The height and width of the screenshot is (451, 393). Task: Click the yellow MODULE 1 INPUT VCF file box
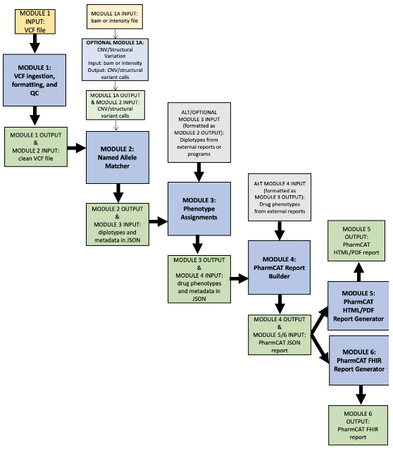(35, 22)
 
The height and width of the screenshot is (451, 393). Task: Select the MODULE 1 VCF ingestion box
(35, 80)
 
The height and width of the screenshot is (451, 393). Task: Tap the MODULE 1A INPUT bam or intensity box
(115, 17)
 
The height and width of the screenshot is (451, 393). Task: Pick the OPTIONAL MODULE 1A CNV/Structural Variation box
(115, 59)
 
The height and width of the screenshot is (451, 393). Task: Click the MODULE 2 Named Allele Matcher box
(118, 157)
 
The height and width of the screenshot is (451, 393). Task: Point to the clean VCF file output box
(36, 147)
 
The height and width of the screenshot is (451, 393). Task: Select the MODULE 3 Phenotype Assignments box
(199, 209)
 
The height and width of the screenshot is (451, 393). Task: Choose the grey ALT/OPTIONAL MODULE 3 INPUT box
(199, 132)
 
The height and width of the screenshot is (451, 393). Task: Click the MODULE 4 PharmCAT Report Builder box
(279, 268)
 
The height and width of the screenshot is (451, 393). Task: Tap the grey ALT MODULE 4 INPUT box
(280, 197)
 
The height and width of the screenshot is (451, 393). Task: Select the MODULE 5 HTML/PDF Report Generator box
(358, 306)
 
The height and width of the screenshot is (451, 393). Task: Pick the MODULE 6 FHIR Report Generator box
(359, 360)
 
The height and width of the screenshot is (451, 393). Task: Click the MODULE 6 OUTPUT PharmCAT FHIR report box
(358, 426)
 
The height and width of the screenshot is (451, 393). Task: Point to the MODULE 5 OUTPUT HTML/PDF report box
(356, 241)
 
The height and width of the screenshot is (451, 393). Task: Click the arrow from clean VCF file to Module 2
(77, 148)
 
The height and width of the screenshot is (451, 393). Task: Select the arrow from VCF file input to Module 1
(35, 44)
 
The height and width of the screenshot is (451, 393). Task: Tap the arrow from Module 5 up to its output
(358, 272)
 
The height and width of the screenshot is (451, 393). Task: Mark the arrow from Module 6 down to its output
(361, 395)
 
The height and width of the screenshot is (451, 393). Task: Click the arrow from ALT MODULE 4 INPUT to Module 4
(280, 230)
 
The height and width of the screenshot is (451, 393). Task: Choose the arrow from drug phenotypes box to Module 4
(239, 278)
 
